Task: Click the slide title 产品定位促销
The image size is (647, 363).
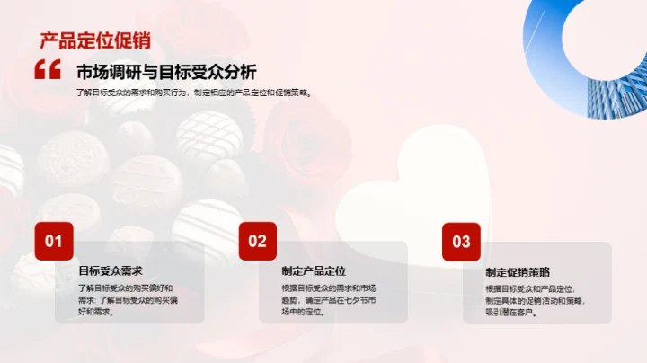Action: (x=94, y=40)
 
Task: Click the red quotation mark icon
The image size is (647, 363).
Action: (x=47, y=69)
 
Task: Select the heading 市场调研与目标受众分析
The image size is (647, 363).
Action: (x=166, y=73)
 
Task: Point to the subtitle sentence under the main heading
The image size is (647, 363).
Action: (x=194, y=92)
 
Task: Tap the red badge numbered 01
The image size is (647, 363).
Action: (x=54, y=241)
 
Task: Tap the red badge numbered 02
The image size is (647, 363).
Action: (x=258, y=241)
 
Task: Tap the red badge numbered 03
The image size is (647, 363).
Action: (x=461, y=241)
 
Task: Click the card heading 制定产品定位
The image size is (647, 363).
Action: (x=314, y=270)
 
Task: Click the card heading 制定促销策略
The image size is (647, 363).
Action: (x=518, y=271)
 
